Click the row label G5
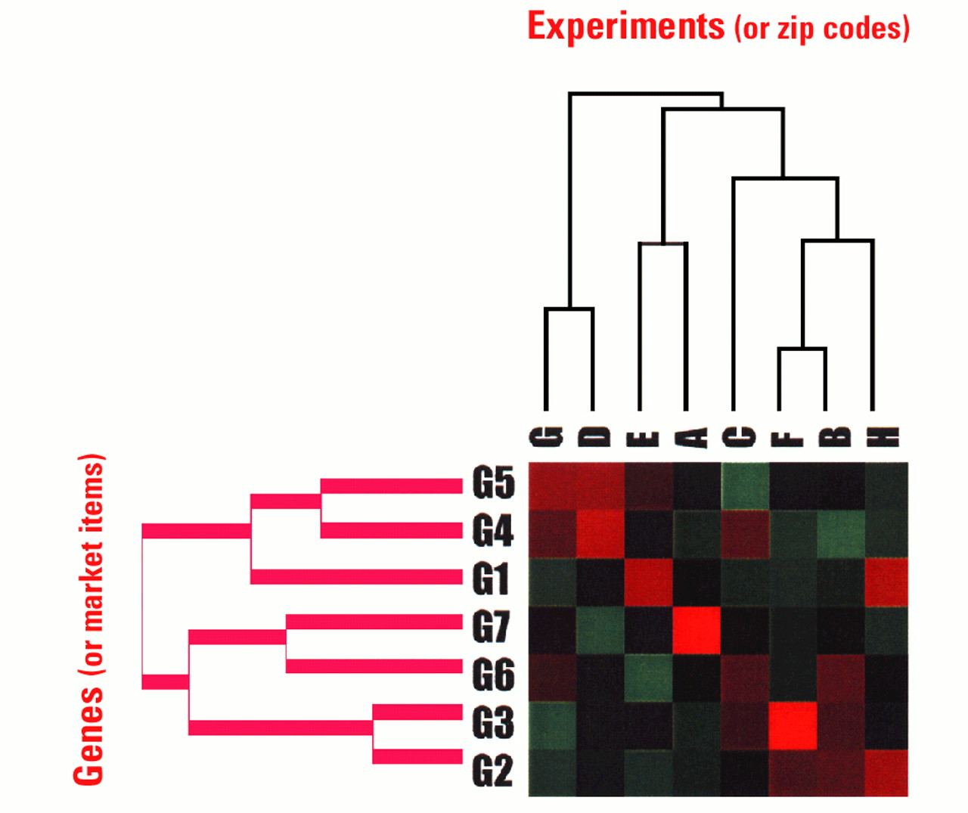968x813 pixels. pyautogui.click(x=493, y=483)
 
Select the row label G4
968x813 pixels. pyautogui.click(x=493, y=531)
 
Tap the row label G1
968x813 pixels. pyautogui.click(x=492, y=579)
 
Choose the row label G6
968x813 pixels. pyautogui.click(x=493, y=675)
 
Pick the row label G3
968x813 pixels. pyautogui.click(x=493, y=724)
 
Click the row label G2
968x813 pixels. pyautogui.click(x=493, y=771)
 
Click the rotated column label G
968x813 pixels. pyautogui.click(x=546, y=436)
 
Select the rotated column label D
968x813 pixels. pyautogui.click(x=593, y=436)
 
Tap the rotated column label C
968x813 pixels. pyautogui.click(x=733, y=436)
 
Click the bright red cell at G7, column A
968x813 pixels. pyautogui.click(x=696, y=630)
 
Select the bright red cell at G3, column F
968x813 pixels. pyautogui.click(x=793, y=725)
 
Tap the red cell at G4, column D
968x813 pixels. pyautogui.click(x=600, y=534)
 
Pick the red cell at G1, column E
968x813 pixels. pyautogui.click(x=648, y=582)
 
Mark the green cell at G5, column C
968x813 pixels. pyautogui.click(x=744, y=486)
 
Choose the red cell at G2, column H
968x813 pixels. pyautogui.click(x=885, y=773)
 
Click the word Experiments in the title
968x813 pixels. pyautogui.click(x=625, y=26)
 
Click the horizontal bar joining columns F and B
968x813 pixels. pyautogui.click(x=802, y=349)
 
